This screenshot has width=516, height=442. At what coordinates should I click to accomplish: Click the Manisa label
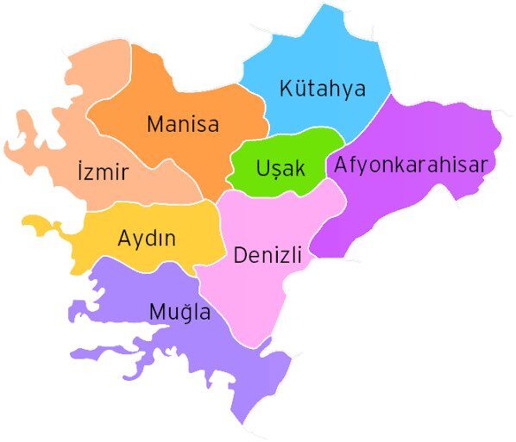[x=182, y=124]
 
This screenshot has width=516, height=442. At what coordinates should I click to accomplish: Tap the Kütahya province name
[x=323, y=89]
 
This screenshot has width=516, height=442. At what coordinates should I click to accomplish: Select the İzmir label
[x=102, y=172]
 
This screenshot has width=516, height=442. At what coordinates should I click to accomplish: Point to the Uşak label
[x=280, y=168]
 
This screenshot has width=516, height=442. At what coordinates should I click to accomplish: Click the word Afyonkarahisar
[x=412, y=164]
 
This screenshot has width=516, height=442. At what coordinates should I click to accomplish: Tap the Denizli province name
[x=267, y=255]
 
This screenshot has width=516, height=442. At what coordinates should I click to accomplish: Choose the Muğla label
[x=179, y=312]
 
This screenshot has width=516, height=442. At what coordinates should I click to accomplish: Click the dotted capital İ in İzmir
[x=79, y=171]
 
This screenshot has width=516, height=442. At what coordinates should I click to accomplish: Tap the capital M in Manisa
[x=155, y=124]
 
